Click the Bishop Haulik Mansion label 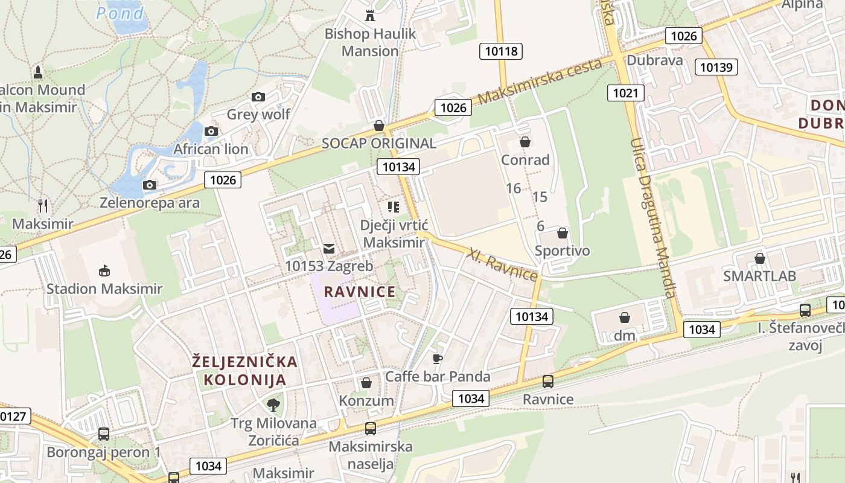tap(370, 42)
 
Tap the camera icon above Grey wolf tap(258, 97)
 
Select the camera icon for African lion tap(211, 131)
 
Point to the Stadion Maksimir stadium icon tap(104, 270)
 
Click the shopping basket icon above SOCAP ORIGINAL tap(378, 125)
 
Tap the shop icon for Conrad tap(525, 142)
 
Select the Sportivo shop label tap(562, 251)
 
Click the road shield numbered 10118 tap(501, 51)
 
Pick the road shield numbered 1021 tap(625, 92)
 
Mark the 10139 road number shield tap(716, 66)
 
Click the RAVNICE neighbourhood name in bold tap(360, 292)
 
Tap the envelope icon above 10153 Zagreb tap(328, 248)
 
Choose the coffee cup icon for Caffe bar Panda tap(438, 359)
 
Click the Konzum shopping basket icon tap(366, 383)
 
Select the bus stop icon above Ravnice tap(548, 381)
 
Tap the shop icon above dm tap(625, 317)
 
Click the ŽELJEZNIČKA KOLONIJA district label tap(244, 371)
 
